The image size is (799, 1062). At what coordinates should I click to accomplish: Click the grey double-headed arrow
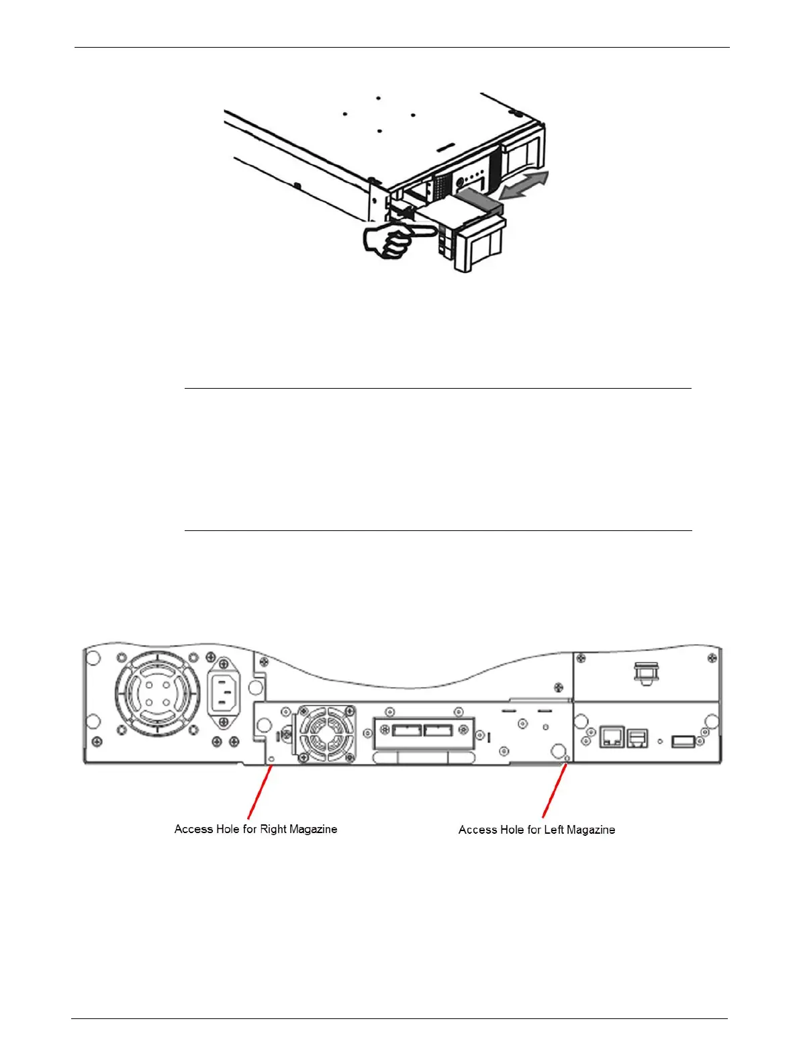[526, 185]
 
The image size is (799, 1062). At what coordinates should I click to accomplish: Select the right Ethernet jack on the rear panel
[637, 738]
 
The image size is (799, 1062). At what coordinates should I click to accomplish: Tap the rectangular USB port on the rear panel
[682, 741]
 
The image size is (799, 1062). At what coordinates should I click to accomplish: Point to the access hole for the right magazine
[271, 759]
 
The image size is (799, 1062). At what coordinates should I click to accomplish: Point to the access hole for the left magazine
[567, 759]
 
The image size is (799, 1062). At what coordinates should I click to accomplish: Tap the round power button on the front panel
[460, 180]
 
